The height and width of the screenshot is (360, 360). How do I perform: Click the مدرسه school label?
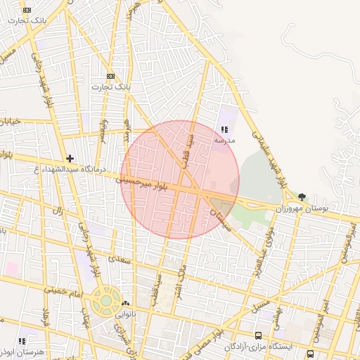[x=224, y=141]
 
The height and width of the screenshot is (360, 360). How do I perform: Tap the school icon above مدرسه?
[x=224, y=130]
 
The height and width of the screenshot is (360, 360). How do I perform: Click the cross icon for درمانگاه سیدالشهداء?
[x=70, y=159]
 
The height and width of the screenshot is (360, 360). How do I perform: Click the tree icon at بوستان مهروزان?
[x=302, y=197]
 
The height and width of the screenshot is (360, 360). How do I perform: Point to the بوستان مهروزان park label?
[x=302, y=209]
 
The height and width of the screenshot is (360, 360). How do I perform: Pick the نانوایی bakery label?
[x=125, y=315]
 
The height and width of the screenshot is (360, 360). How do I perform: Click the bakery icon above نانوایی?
[x=125, y=304]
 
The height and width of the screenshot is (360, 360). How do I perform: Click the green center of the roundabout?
[x=105, y=300]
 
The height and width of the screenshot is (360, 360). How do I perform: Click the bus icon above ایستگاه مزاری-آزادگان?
[x=259, y=336]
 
